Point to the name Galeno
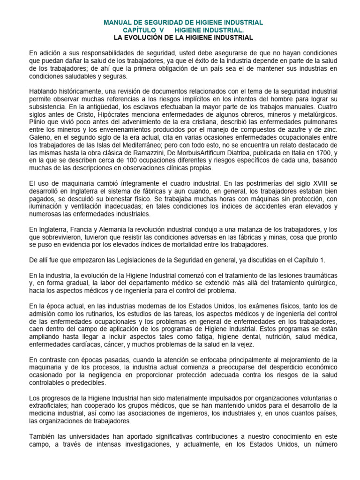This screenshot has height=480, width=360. point(39,138)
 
